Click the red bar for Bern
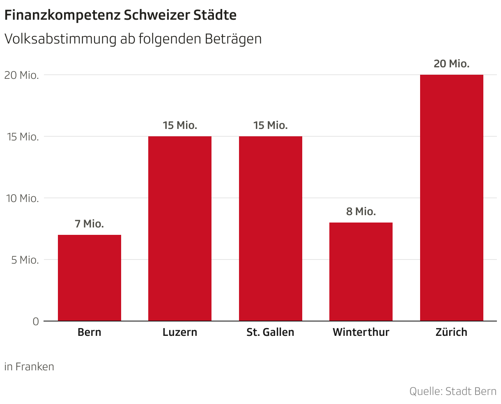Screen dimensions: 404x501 click(x=90, y=278)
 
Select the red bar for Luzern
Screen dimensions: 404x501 click(x=180, y=229)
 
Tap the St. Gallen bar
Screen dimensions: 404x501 click(x=271, y=229)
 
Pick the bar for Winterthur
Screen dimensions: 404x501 click(x=361, y=272)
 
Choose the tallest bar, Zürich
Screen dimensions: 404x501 click(x=452, y=198)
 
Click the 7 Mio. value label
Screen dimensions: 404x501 click(x=90, y=224)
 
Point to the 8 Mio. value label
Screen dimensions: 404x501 click(x=361, y=212)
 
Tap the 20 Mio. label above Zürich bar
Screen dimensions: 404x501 click(x=452, y=64)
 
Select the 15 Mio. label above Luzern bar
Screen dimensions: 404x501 click(x=180, y=126)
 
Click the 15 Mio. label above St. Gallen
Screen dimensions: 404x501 click(x=271, y=126)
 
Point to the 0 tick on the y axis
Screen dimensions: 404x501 click(x=36, y=321)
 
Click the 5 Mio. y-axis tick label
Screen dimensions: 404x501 click(x=23, y=260)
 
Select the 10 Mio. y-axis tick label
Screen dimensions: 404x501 click(x=22, y=198)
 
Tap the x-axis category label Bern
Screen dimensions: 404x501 click(x=90, y=332)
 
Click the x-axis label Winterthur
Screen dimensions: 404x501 click(x=361, y=332)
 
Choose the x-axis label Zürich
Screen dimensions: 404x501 click(x=452, y=332)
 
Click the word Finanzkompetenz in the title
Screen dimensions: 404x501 click(x=62, y=16)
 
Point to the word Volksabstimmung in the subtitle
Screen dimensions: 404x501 click(x=60, y=39)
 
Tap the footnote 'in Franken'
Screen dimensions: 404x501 click(x=29, y=367)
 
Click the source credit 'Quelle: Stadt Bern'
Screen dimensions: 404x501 click(x=453, y=391)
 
